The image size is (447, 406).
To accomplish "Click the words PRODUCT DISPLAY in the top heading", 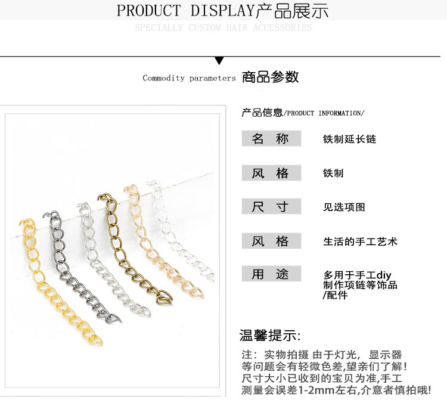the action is click(x=185, y=11).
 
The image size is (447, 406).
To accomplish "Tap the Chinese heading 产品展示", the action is click(x=292, y=11).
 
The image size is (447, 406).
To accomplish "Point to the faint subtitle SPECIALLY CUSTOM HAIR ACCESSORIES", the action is click(x=223, y=28).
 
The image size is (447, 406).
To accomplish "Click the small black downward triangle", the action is click(x=219, y=60).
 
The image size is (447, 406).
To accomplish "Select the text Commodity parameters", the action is click(x=189, y=78).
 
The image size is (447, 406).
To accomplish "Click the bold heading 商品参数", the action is click(x=270, y=77).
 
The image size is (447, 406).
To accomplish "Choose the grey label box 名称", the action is click(x=270, y=139).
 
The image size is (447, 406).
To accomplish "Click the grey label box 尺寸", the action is click(x=270, y=207).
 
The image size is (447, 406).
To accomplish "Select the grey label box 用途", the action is click(x=270, y=274).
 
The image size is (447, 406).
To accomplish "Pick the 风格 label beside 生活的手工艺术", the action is click(x=270, y=241).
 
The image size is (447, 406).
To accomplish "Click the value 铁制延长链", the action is click(x=349, y=140).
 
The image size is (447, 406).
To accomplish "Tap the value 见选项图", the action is click(x=344, y=207).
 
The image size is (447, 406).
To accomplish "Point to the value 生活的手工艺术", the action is click(x=360, y=241).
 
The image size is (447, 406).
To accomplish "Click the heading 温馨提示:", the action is click(x=270, y=335).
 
